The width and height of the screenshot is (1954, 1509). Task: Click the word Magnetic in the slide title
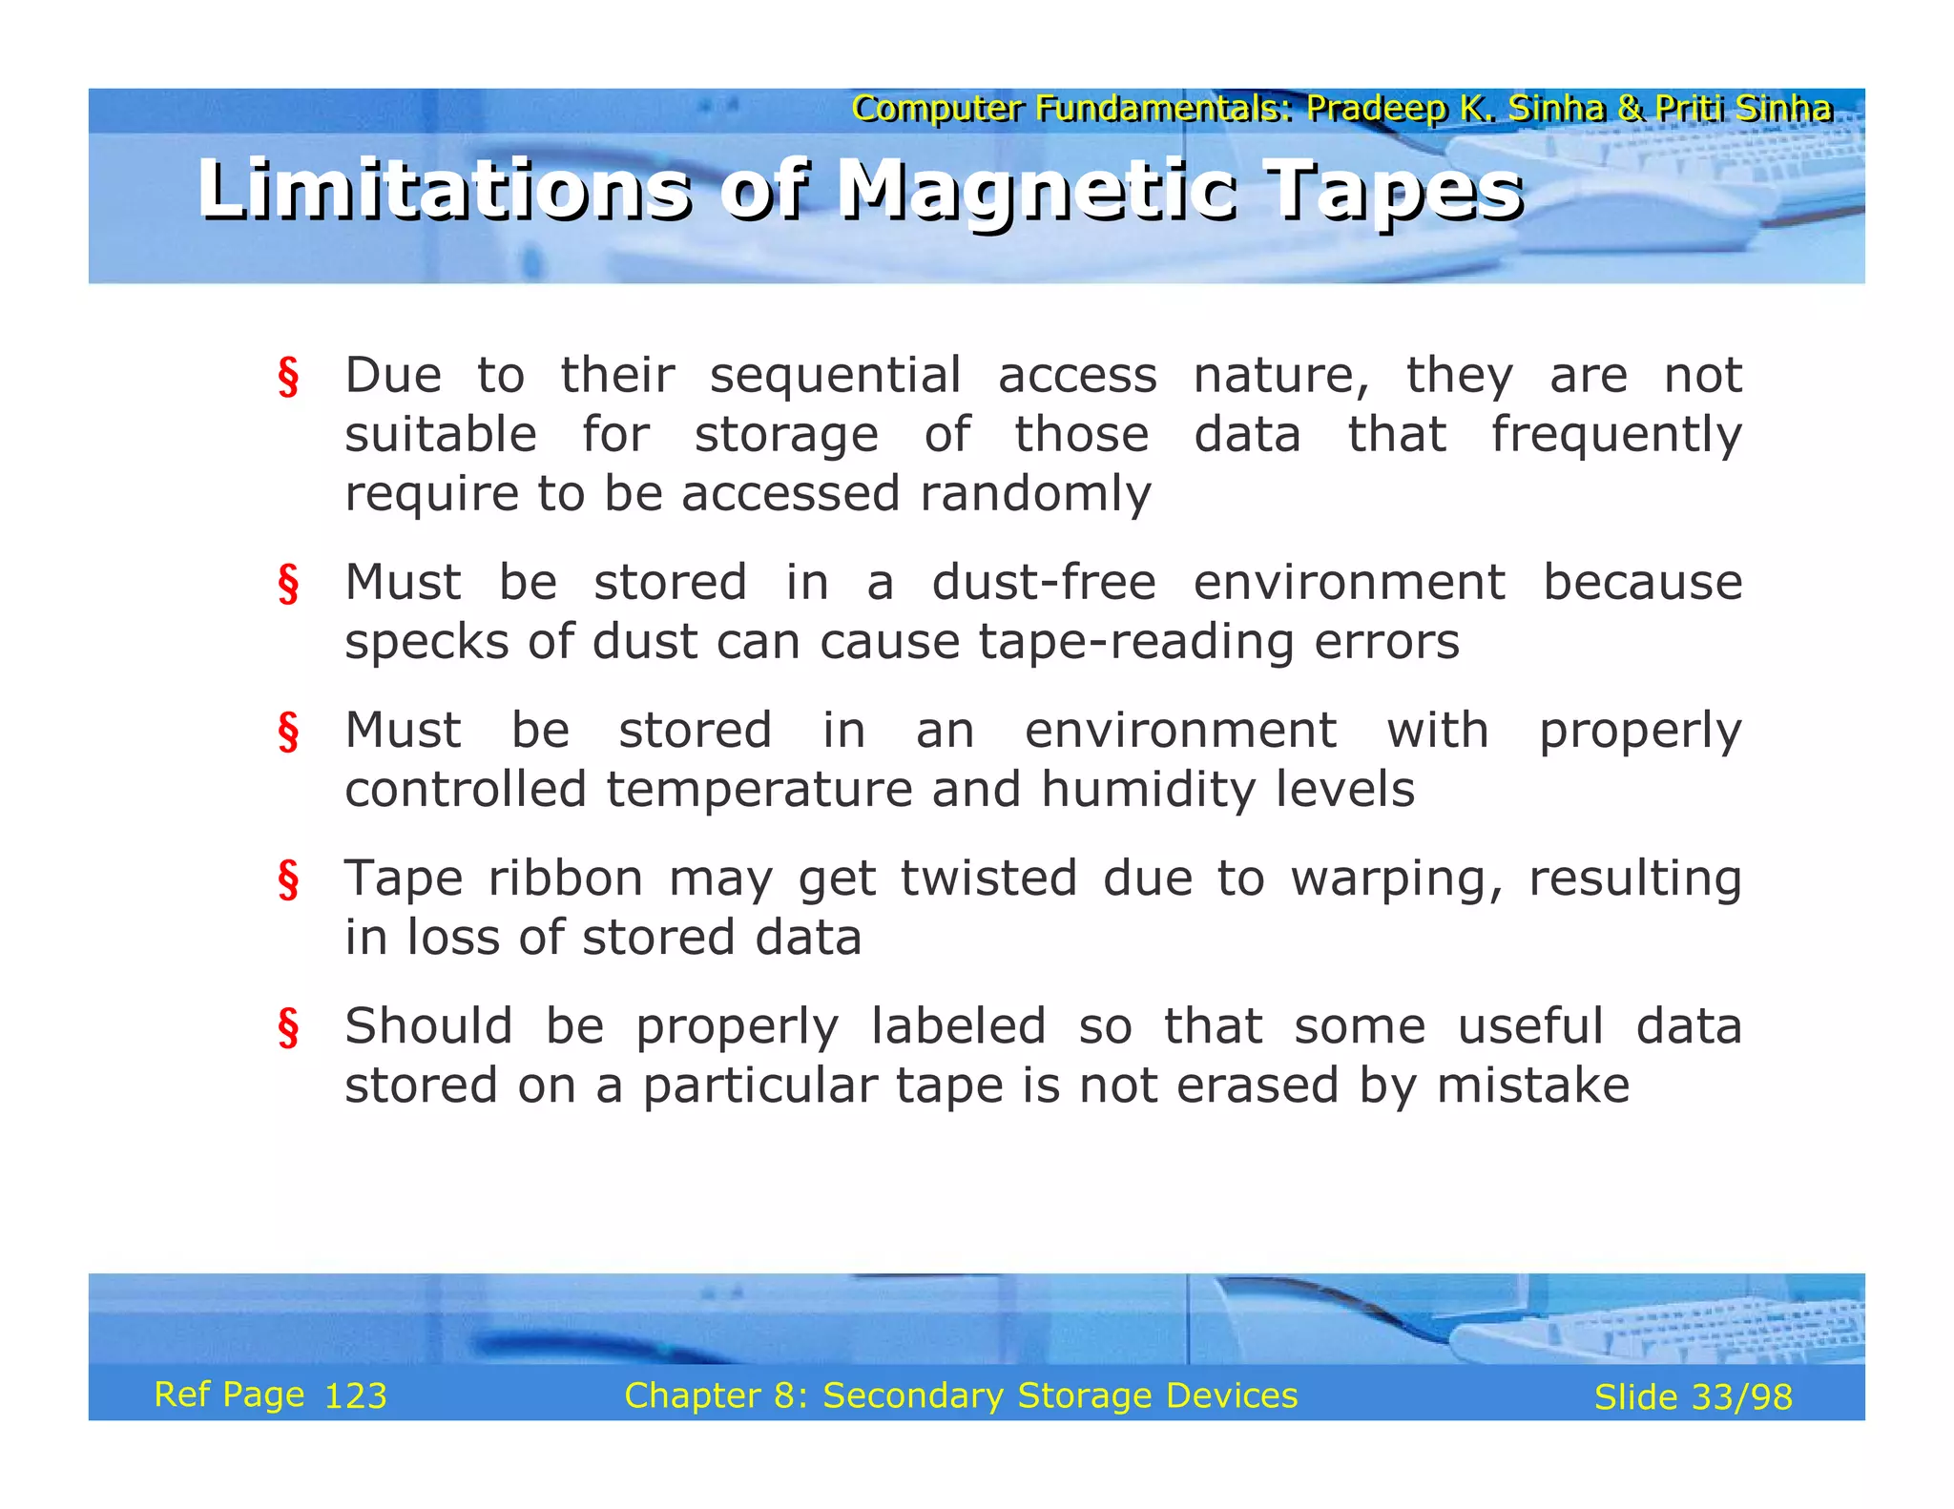[1037, 191]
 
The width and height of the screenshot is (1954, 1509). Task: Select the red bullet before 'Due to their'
[288, 377]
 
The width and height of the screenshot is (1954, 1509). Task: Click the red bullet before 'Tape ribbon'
[288, 879]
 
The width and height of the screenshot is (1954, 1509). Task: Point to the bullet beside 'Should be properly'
[288, 1028]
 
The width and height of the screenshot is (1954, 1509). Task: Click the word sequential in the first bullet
[835, 376]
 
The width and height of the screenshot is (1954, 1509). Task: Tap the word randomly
[1035, 494]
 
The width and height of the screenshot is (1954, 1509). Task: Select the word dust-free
[1044, 583]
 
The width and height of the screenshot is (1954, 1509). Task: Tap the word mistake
[1532, 1085]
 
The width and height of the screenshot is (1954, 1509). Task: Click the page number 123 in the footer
[356, 1396]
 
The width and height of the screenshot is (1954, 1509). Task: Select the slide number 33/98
[1741, 1397]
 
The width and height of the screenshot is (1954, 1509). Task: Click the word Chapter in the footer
[692, 1395]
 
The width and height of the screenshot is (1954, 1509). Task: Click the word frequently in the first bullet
[1616, 436]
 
